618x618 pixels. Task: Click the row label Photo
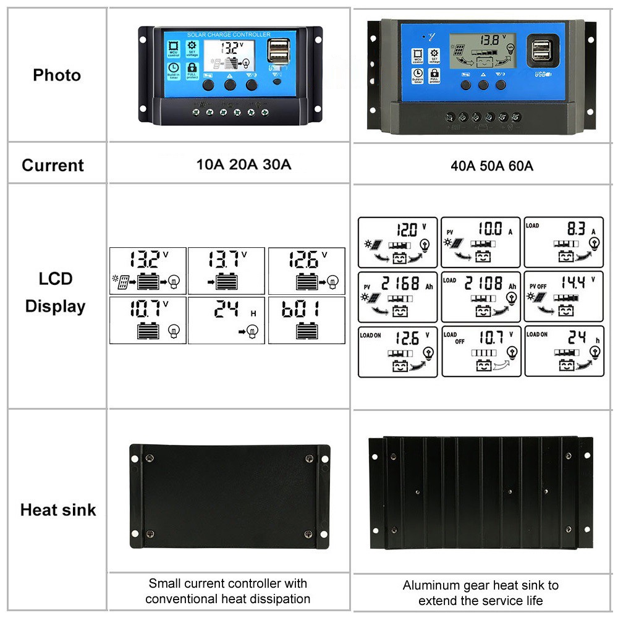coord(57,75)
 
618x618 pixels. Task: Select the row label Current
coord(53,166)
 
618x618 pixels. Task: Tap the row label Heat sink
coord(58,510)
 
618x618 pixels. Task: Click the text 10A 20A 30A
coord(243,165)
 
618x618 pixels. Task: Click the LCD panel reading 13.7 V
coord(226,271)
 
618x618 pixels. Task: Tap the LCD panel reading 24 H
coord(226,320)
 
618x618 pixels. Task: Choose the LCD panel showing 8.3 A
coord(563,242)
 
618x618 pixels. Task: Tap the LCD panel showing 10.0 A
coord(481,242)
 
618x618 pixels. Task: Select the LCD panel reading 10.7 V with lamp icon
coord(148,320)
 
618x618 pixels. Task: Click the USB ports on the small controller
coord(277,51)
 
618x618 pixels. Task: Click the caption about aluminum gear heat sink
coord(480,593)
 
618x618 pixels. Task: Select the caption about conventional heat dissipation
coord(227,591)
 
